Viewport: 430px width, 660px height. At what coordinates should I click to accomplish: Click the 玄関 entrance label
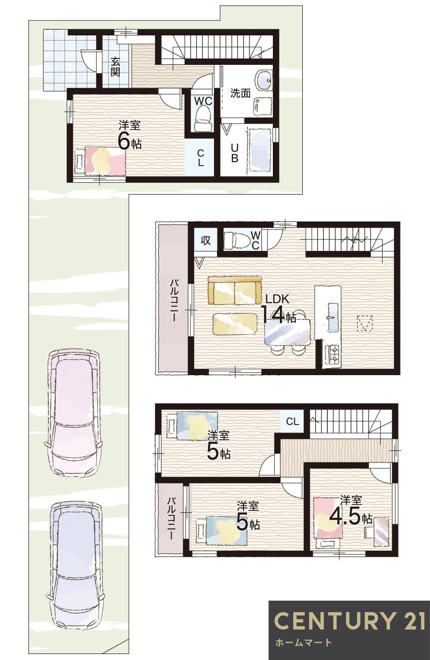tap(115, 67)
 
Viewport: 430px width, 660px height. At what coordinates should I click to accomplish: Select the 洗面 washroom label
tap(240, 93)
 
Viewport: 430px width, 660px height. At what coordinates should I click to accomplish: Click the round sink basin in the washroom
tap(263, 79)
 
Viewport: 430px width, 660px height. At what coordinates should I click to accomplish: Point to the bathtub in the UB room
tap(259, 150)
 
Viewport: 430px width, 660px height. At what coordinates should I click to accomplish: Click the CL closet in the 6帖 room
tap(200, 157)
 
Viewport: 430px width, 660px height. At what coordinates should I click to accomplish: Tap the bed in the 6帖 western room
tap(100, 161)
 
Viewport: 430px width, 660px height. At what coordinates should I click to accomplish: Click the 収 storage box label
tap(206, 240)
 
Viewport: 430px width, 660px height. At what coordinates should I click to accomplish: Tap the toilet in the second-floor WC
tap(236, 241)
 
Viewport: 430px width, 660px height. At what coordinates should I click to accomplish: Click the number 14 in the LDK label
tap(272, 315)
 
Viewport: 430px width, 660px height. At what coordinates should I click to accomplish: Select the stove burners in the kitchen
tap(332, 355)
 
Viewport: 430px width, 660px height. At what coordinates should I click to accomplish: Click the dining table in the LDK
tap(287, 332)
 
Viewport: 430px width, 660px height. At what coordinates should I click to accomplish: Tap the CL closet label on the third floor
tap(292, 422)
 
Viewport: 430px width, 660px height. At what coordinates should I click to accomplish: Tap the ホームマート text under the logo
tap(303, 643)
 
